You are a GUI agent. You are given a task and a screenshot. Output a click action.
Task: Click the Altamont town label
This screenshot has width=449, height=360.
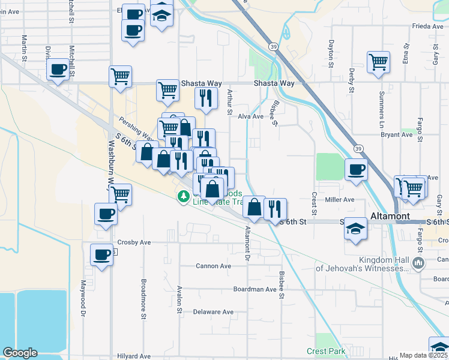(390, 216)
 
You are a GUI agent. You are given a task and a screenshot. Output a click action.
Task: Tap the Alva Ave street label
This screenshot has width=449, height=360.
(251, 117)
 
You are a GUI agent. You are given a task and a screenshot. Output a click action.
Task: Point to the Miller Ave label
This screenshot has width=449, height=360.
(340, 199)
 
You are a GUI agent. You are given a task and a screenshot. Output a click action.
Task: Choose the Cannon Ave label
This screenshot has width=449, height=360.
(213, 266)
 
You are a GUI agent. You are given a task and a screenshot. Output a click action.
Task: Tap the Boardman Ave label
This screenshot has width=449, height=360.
(255, 289)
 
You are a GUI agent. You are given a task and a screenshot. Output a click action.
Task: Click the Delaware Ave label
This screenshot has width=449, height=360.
(213, 312)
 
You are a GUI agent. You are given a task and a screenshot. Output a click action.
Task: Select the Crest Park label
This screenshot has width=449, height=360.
(326, 351)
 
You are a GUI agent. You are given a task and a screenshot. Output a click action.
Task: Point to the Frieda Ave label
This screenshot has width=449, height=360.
(427, 26)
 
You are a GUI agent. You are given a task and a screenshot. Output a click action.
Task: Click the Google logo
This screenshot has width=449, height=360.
(20, 353)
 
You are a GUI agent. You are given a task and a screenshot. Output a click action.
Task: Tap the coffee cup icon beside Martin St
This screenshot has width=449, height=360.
(58, 71)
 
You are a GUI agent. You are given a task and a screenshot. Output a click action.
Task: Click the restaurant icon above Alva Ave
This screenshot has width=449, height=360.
(206, 98)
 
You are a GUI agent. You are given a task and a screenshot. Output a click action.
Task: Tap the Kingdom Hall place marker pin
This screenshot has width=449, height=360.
(418, 262)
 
